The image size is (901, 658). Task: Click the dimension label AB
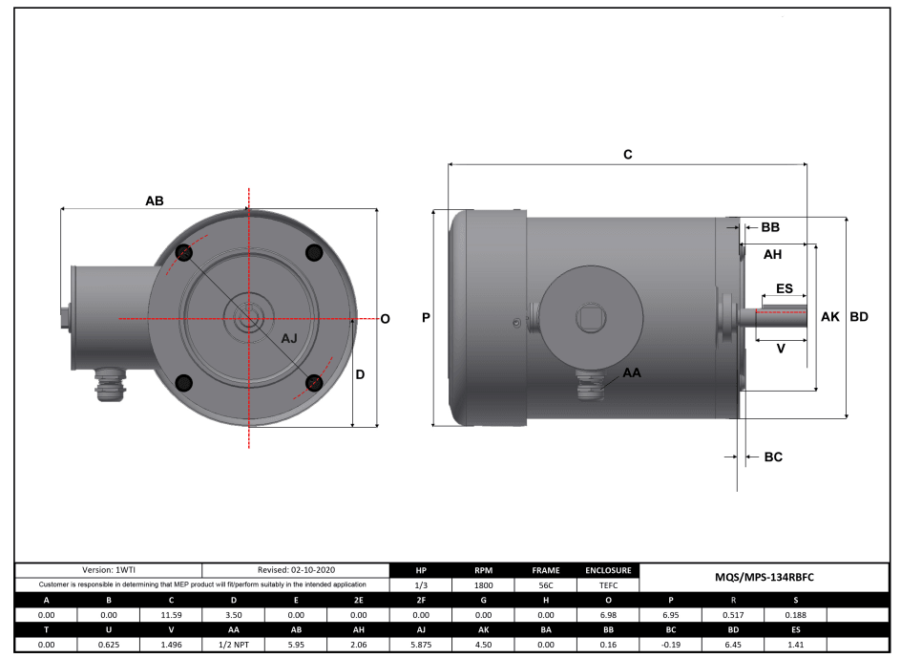tap(154, 202)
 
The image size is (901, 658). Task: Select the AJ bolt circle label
tap(289, 339)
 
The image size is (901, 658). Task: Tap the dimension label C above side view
tap(628, 155)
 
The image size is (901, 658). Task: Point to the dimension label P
tap(426, 317)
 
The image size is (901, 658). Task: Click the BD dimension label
tap(859, 317)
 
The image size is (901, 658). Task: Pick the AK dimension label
tap(830, 317)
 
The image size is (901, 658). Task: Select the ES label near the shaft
tap(784, 288)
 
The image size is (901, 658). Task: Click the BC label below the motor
tap(773, 457)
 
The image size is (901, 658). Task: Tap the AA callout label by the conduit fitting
tap(632, 372)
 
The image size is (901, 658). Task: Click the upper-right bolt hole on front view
tap(313, 252)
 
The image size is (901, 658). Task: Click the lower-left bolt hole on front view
tap(184, 382)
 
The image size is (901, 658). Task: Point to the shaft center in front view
tap(249, 317)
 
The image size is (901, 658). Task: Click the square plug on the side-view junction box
tap(593, 315)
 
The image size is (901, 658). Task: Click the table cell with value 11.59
tap(171, 616)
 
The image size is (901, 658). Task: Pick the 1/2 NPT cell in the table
tap(233, 647)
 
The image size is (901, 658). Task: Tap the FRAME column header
tap(546, 570)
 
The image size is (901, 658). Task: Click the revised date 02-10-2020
tap(296, 569)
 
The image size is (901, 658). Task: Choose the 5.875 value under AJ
tap(421, 647)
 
